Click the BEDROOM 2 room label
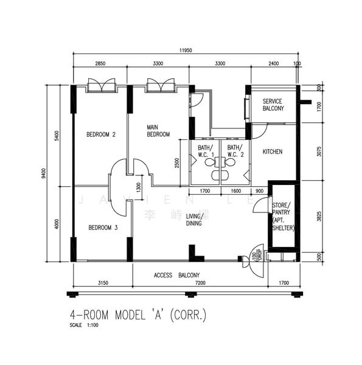tap(100, 134)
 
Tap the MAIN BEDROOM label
tap(158, 131)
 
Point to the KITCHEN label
tap(272, 151)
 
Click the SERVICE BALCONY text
tap(273, 105)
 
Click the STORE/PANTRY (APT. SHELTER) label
tap(282, 216)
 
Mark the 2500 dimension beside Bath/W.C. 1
tap(177, 162)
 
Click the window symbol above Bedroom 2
tap(100, 85)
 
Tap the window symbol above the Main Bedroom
tap(161, 85)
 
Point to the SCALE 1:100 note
tap(84, 325)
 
